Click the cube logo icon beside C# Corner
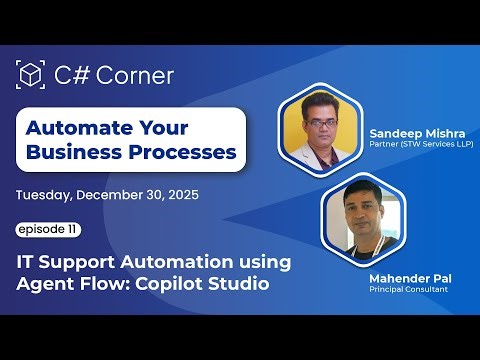click(x=31, y=75)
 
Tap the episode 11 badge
click(x=47, y=230)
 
